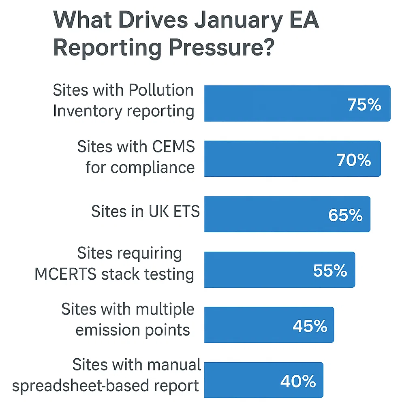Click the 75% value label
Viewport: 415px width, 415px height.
pos(364,105)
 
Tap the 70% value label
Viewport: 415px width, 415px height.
pos(354,160)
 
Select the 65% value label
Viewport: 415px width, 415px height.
pos(345,216)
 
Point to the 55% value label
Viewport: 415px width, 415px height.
pos(330,271)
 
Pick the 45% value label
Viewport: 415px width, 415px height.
pos(310,326)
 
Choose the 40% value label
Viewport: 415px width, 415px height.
pos(298,381)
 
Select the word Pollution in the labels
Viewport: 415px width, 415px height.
pos(161,90)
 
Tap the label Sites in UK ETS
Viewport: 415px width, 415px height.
pos(145,212)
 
